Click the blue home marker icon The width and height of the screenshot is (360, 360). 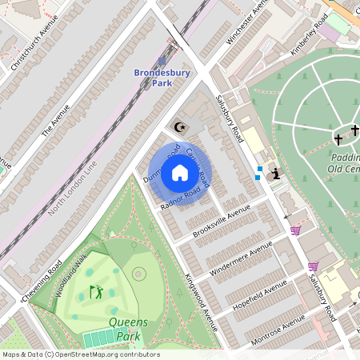(x=180, y=173)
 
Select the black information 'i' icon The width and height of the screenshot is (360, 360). (x=276, y=174)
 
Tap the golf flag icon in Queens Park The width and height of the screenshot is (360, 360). (x=97, y=292)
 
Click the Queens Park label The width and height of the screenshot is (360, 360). (x=128, y=329)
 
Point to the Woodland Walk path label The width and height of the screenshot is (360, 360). (x=70, y=276)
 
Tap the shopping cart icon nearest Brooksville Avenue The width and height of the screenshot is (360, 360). (x=295, y=231)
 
